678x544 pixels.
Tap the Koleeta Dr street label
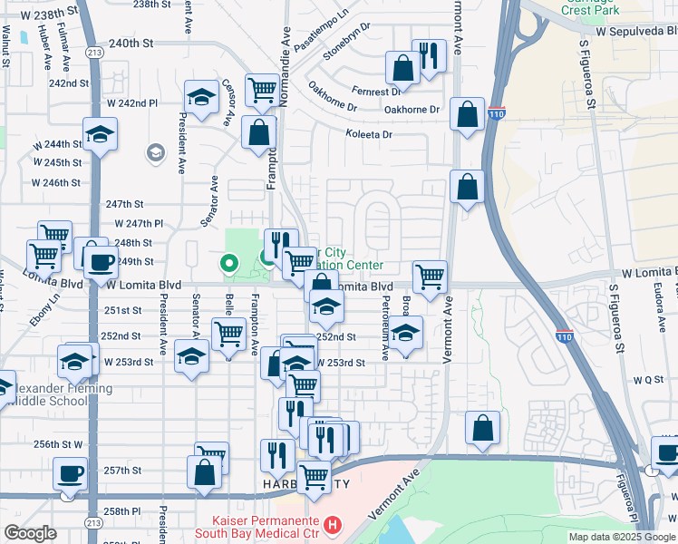368,134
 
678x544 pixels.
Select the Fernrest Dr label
379,92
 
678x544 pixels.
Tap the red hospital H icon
334,525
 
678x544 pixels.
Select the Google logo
30,533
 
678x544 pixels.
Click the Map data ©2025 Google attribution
621,537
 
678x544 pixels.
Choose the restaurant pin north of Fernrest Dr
429,56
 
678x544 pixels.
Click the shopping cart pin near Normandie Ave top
262,91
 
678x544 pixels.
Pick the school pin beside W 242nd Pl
200,97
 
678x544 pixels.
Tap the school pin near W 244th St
100,136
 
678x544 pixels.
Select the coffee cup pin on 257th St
70,473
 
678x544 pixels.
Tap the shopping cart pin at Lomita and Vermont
429,276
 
